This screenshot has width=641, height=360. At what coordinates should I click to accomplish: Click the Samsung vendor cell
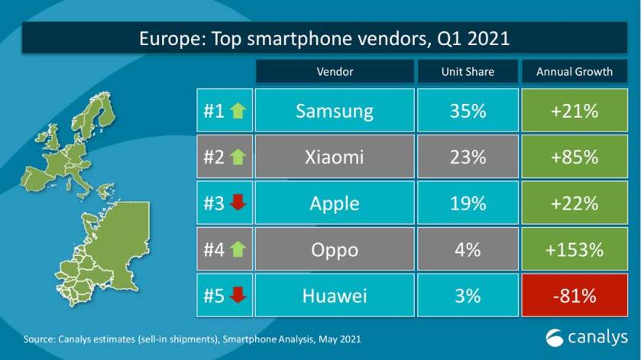pyautogui.click(x=334, y=111)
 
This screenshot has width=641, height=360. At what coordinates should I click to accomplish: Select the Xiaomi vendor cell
pyautogui.click(x=334, y=157)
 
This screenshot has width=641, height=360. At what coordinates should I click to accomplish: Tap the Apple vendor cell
pyautogui.click(x=334, y=203)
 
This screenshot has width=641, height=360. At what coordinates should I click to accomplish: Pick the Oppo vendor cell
pyautogui.click(x=334, y=249)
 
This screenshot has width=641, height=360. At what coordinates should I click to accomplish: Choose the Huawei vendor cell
pyautogui.click(x=334, y=295)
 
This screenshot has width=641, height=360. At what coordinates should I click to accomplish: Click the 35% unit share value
pyautogui.click(x=468, y=111)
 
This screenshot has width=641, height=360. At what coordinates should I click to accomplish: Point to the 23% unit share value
pyautogui.click(x=468, y=157)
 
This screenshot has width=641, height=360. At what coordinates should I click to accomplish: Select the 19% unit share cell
pyautogui.click(x=468, y=203)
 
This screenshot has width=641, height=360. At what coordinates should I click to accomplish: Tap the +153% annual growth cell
pyautogui.click(x=575, y=249)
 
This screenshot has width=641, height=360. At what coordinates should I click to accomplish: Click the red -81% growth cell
pyautogui.click(x=575, y=295)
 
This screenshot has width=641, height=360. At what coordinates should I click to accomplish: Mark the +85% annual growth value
pyautogui.click(x=575, y=157)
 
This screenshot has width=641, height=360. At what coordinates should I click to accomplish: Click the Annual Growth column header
pyautogui.click(x=575, y=72)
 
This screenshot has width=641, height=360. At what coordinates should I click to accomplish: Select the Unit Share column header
pyautogui.click(x=468, y=72)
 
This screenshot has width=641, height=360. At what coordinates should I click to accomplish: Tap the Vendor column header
pyautogui.click(x=334, y=72)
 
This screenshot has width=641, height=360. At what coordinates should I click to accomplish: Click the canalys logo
pyautogui.click(x=586, y=336)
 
